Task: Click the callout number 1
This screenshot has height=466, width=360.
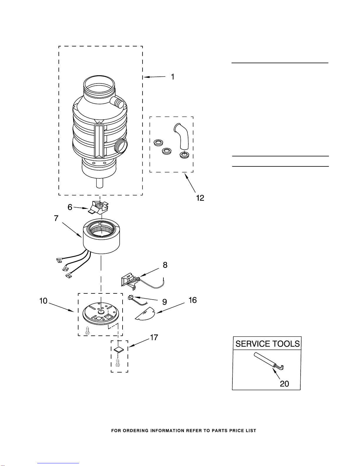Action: coord(173,77)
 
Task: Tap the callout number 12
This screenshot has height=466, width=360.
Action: coord(200,198)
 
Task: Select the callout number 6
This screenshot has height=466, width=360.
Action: coord(70,207)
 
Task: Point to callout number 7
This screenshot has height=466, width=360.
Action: coord(56,218)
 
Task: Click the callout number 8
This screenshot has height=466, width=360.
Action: coord(165,265)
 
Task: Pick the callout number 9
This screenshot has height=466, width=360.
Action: coord(164,302)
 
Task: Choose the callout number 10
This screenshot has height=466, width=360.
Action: coord(43,301)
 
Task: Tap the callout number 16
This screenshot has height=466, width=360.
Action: coord(192,300)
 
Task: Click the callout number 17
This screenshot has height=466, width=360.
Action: coord(154,338)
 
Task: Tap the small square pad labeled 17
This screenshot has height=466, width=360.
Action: coord(119,350)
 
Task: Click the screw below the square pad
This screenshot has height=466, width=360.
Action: coord(118,363)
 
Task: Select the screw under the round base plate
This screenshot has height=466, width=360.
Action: coord(88,330)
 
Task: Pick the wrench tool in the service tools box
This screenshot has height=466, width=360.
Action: coord(269,361)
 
